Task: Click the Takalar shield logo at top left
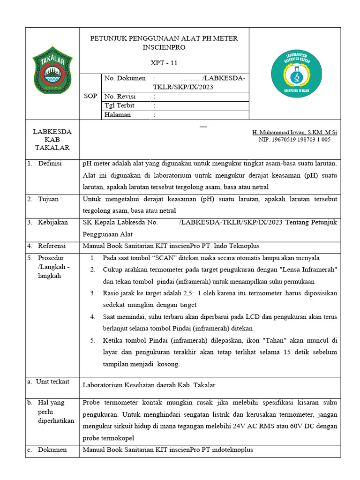(x=52, y=69)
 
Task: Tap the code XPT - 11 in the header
(x=164, y=63)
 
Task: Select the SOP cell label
(x=90, y=96)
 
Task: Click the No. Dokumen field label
(x=125, y=78)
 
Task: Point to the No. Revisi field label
(x=120, y=96)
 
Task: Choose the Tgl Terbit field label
(x=119, y=105)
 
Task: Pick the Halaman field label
(x=118, y=115)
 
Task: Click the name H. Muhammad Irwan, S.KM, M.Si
(x=294, y=133)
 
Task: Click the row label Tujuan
(x=48, y=199)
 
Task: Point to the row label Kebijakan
(x=53, y=222)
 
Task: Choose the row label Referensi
(x=52, y=246)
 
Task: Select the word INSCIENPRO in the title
(x=164, y=47)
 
